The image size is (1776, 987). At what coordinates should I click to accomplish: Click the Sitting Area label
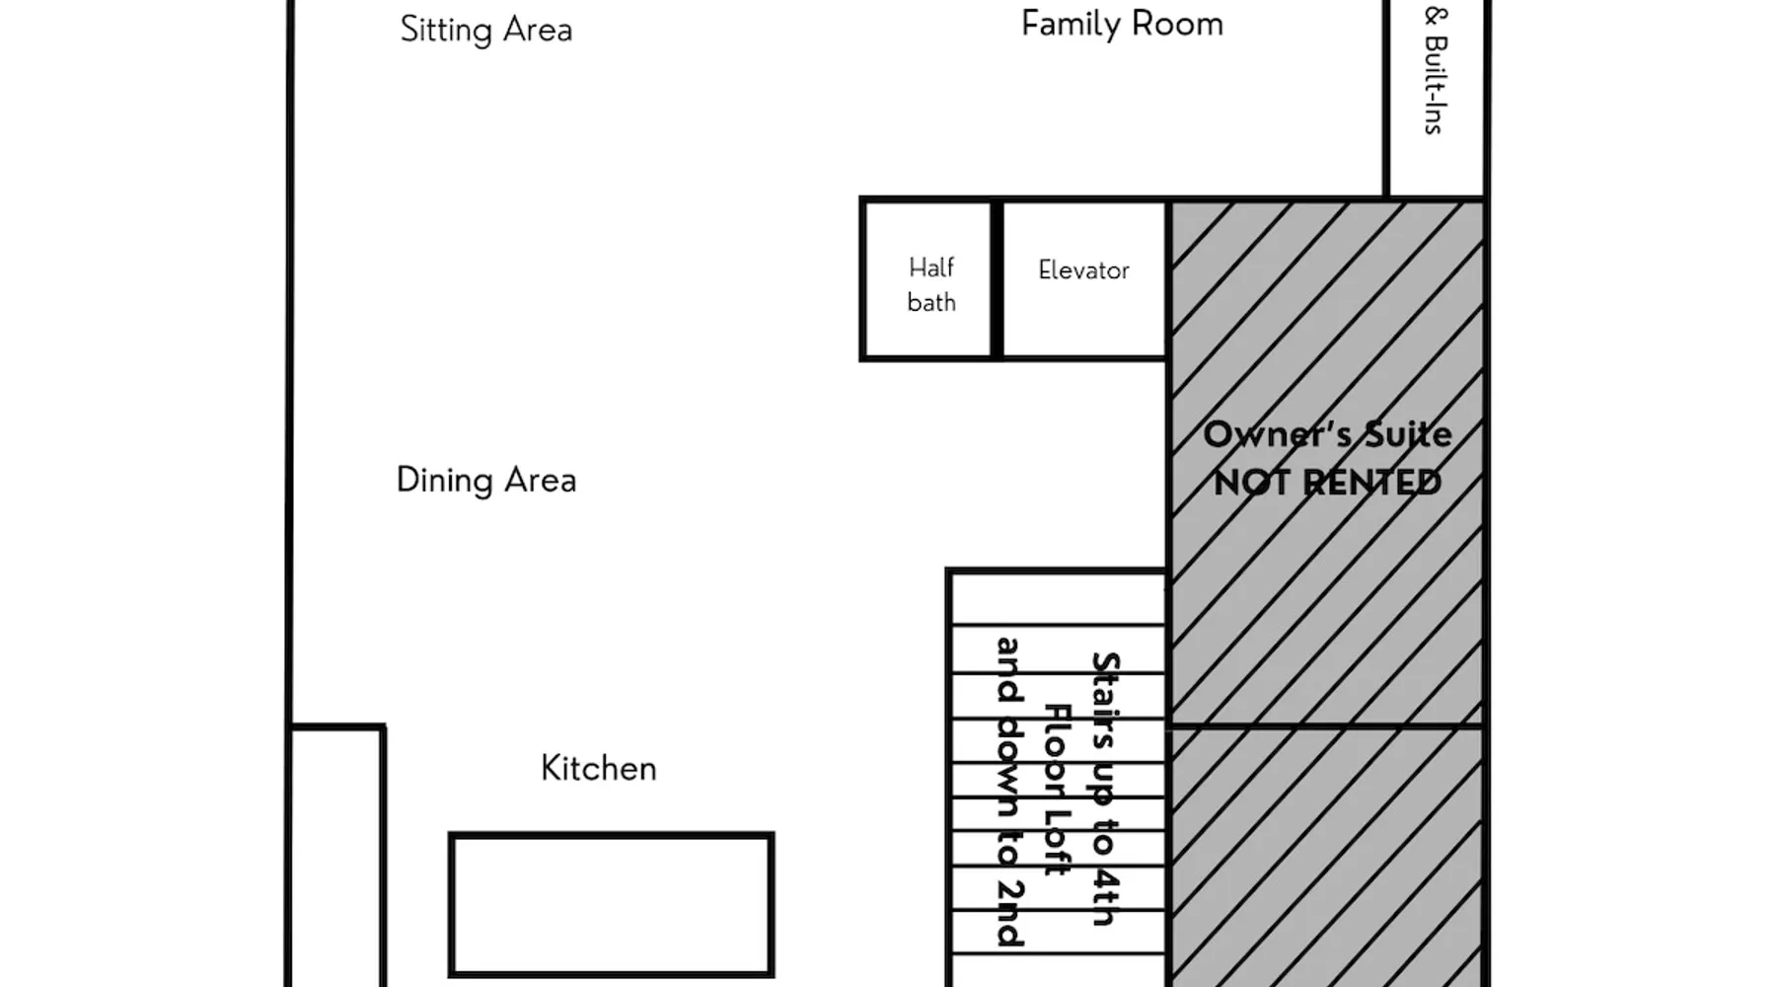[486, 30]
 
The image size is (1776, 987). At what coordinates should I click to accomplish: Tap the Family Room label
[1122, 24]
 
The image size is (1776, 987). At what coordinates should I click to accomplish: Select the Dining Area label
[486, 481]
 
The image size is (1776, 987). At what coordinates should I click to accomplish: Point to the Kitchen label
[599, 768]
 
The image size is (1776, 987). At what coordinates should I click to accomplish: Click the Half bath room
[927, 280]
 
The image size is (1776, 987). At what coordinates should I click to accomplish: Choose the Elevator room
[1083, 280]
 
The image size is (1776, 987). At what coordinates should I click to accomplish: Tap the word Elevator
[1083, 270]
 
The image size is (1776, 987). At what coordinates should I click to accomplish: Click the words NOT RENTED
[1327, 483]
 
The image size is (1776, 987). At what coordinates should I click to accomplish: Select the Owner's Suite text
[1327, 434]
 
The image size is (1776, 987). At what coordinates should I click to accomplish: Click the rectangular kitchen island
[612, 905]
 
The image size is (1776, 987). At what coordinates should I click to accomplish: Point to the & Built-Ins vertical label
[1436, 70]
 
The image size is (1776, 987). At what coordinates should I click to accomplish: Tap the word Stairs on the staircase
[1105, 699]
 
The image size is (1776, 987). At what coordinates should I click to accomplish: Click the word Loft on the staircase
[1057, 843]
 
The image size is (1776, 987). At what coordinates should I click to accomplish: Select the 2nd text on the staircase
[1008, 912]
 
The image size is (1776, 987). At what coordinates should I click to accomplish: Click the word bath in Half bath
[931, 302]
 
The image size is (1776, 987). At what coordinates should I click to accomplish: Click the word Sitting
[446, 31]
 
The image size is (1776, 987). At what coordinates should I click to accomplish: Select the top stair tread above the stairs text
[1057, 598]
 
